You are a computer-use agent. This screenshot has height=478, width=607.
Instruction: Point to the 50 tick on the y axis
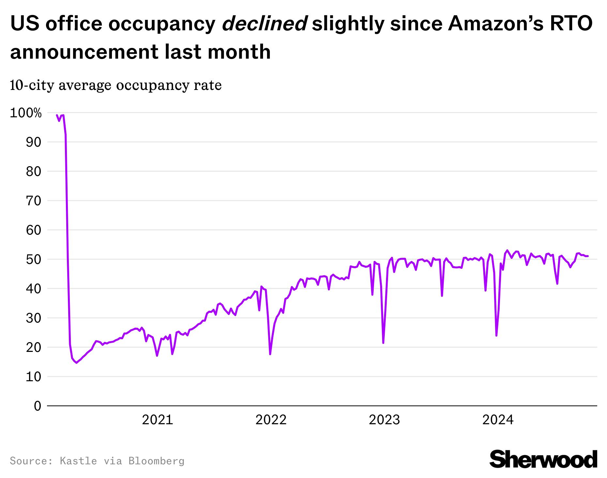pos(34,260)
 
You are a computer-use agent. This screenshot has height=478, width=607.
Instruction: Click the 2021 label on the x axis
pos(157,420)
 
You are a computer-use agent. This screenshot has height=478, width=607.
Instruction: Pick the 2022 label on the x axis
pos(271,420)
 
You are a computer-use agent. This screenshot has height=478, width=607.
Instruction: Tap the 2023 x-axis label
pos(384,420)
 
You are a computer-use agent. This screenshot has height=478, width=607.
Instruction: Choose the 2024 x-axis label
pos(498,420)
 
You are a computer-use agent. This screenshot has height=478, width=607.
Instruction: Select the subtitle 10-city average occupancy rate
pos(116,86)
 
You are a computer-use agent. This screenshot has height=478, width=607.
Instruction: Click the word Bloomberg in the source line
pos(156,461)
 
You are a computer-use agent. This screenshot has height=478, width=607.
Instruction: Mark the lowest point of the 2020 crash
pos(76,363)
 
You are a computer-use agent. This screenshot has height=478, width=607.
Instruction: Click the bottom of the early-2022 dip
pos(270,354)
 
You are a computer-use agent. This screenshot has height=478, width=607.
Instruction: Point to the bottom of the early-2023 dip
pos(383,343)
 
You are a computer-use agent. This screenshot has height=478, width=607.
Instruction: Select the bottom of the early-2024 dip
pos(496,336)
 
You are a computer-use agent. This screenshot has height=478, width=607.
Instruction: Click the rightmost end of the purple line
pos(588,256)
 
